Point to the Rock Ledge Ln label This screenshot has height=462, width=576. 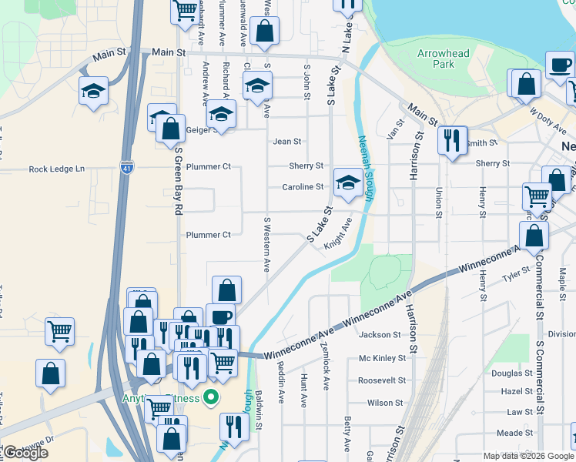55,169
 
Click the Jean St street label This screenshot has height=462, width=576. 286,142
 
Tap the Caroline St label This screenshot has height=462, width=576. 303,186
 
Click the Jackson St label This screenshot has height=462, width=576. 380,335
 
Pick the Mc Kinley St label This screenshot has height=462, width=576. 381,358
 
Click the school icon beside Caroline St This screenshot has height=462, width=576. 348,183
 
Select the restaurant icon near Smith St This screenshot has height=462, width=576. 450,139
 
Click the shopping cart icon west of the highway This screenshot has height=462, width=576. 59,331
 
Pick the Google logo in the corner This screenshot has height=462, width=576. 25,453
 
